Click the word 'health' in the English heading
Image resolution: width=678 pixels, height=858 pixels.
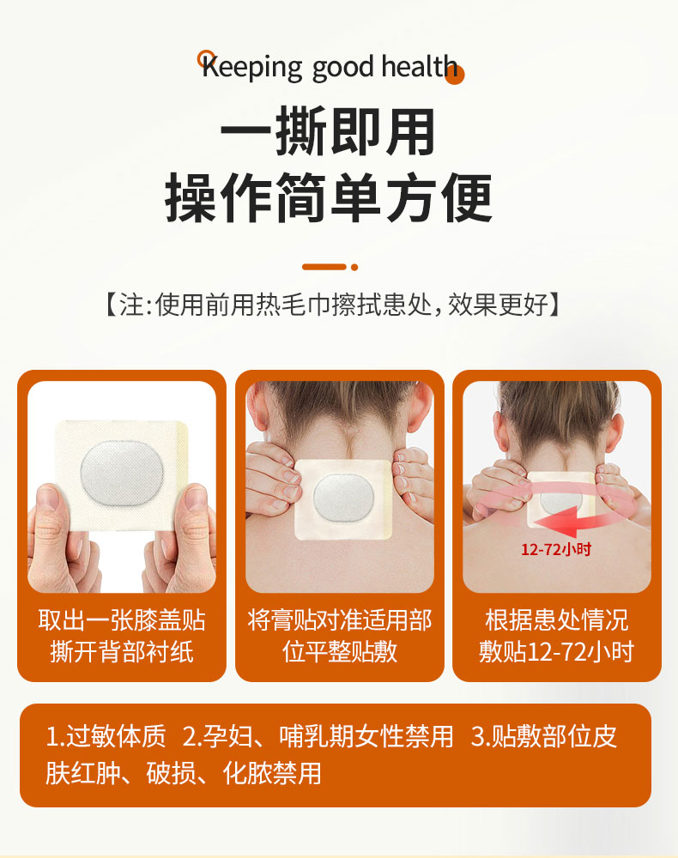pos(419,67)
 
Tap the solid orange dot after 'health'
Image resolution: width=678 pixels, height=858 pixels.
pos(455,76)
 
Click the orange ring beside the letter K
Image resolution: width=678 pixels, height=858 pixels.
pos(206,58)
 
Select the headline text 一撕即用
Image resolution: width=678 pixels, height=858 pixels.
pos(328,130)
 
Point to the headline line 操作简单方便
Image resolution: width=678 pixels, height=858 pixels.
pos(329,197)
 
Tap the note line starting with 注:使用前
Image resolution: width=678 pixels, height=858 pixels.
pos(333,305)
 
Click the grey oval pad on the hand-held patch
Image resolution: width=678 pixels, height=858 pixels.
pos(122,472)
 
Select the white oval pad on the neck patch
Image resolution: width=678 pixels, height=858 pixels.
pos(343,498)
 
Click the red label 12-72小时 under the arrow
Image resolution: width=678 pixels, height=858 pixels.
pos(556,549)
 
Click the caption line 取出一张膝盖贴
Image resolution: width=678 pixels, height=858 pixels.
pos(122,620)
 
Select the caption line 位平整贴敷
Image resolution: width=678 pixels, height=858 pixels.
pos(340,652)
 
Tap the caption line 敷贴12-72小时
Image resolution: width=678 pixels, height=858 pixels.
pos(556,652)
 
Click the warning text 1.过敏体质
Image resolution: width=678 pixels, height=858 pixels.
pos(106,736)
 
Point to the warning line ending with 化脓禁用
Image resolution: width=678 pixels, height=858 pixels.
pos(184,773)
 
